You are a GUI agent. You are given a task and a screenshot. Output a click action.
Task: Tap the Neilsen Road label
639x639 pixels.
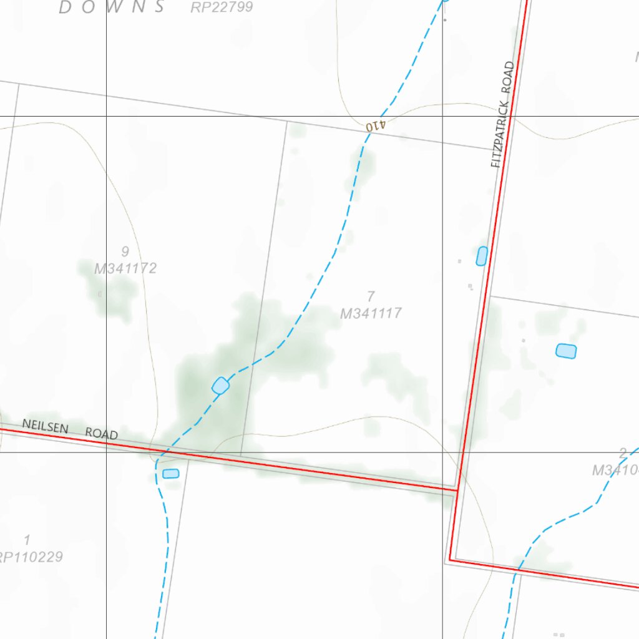pos(70,429)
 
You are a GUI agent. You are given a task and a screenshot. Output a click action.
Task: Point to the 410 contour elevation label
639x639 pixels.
pos(376,125)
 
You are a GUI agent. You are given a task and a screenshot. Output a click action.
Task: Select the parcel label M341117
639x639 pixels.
pos(371,313)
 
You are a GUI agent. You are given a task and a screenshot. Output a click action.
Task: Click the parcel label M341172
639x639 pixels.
pos(125,268)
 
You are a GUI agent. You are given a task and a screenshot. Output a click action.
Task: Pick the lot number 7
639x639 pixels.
pos(371,296)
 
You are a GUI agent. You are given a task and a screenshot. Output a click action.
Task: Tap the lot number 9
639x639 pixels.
pos(125,251)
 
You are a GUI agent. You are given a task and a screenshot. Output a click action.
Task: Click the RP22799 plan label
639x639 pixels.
pos(222,7)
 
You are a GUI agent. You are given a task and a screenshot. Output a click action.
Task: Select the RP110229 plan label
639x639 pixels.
pos(30,557)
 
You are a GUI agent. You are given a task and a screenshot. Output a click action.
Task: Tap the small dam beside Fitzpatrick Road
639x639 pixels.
pos(482,256)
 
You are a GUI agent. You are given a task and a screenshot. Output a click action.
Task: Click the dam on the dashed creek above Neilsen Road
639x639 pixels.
pos(220,386)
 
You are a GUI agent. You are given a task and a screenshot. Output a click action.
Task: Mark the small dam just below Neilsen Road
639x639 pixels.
pos(170,474)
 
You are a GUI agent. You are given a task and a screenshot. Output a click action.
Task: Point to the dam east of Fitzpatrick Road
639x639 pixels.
pos(566,351)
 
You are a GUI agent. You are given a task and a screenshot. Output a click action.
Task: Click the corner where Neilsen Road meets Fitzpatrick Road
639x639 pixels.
pos(457,490)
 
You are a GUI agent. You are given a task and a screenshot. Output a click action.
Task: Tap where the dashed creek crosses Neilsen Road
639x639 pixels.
pos(166,451)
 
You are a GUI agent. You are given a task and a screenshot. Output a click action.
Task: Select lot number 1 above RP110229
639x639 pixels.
pos(26,539)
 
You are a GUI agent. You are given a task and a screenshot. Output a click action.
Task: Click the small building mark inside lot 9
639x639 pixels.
pos(100,293)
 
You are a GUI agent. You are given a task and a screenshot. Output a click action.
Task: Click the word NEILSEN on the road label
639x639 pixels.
pos(45,426)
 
